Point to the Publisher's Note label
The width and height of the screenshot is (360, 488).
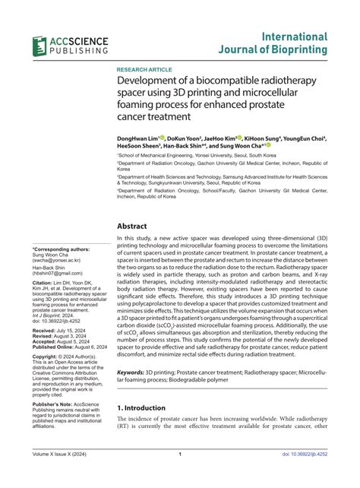54,404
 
